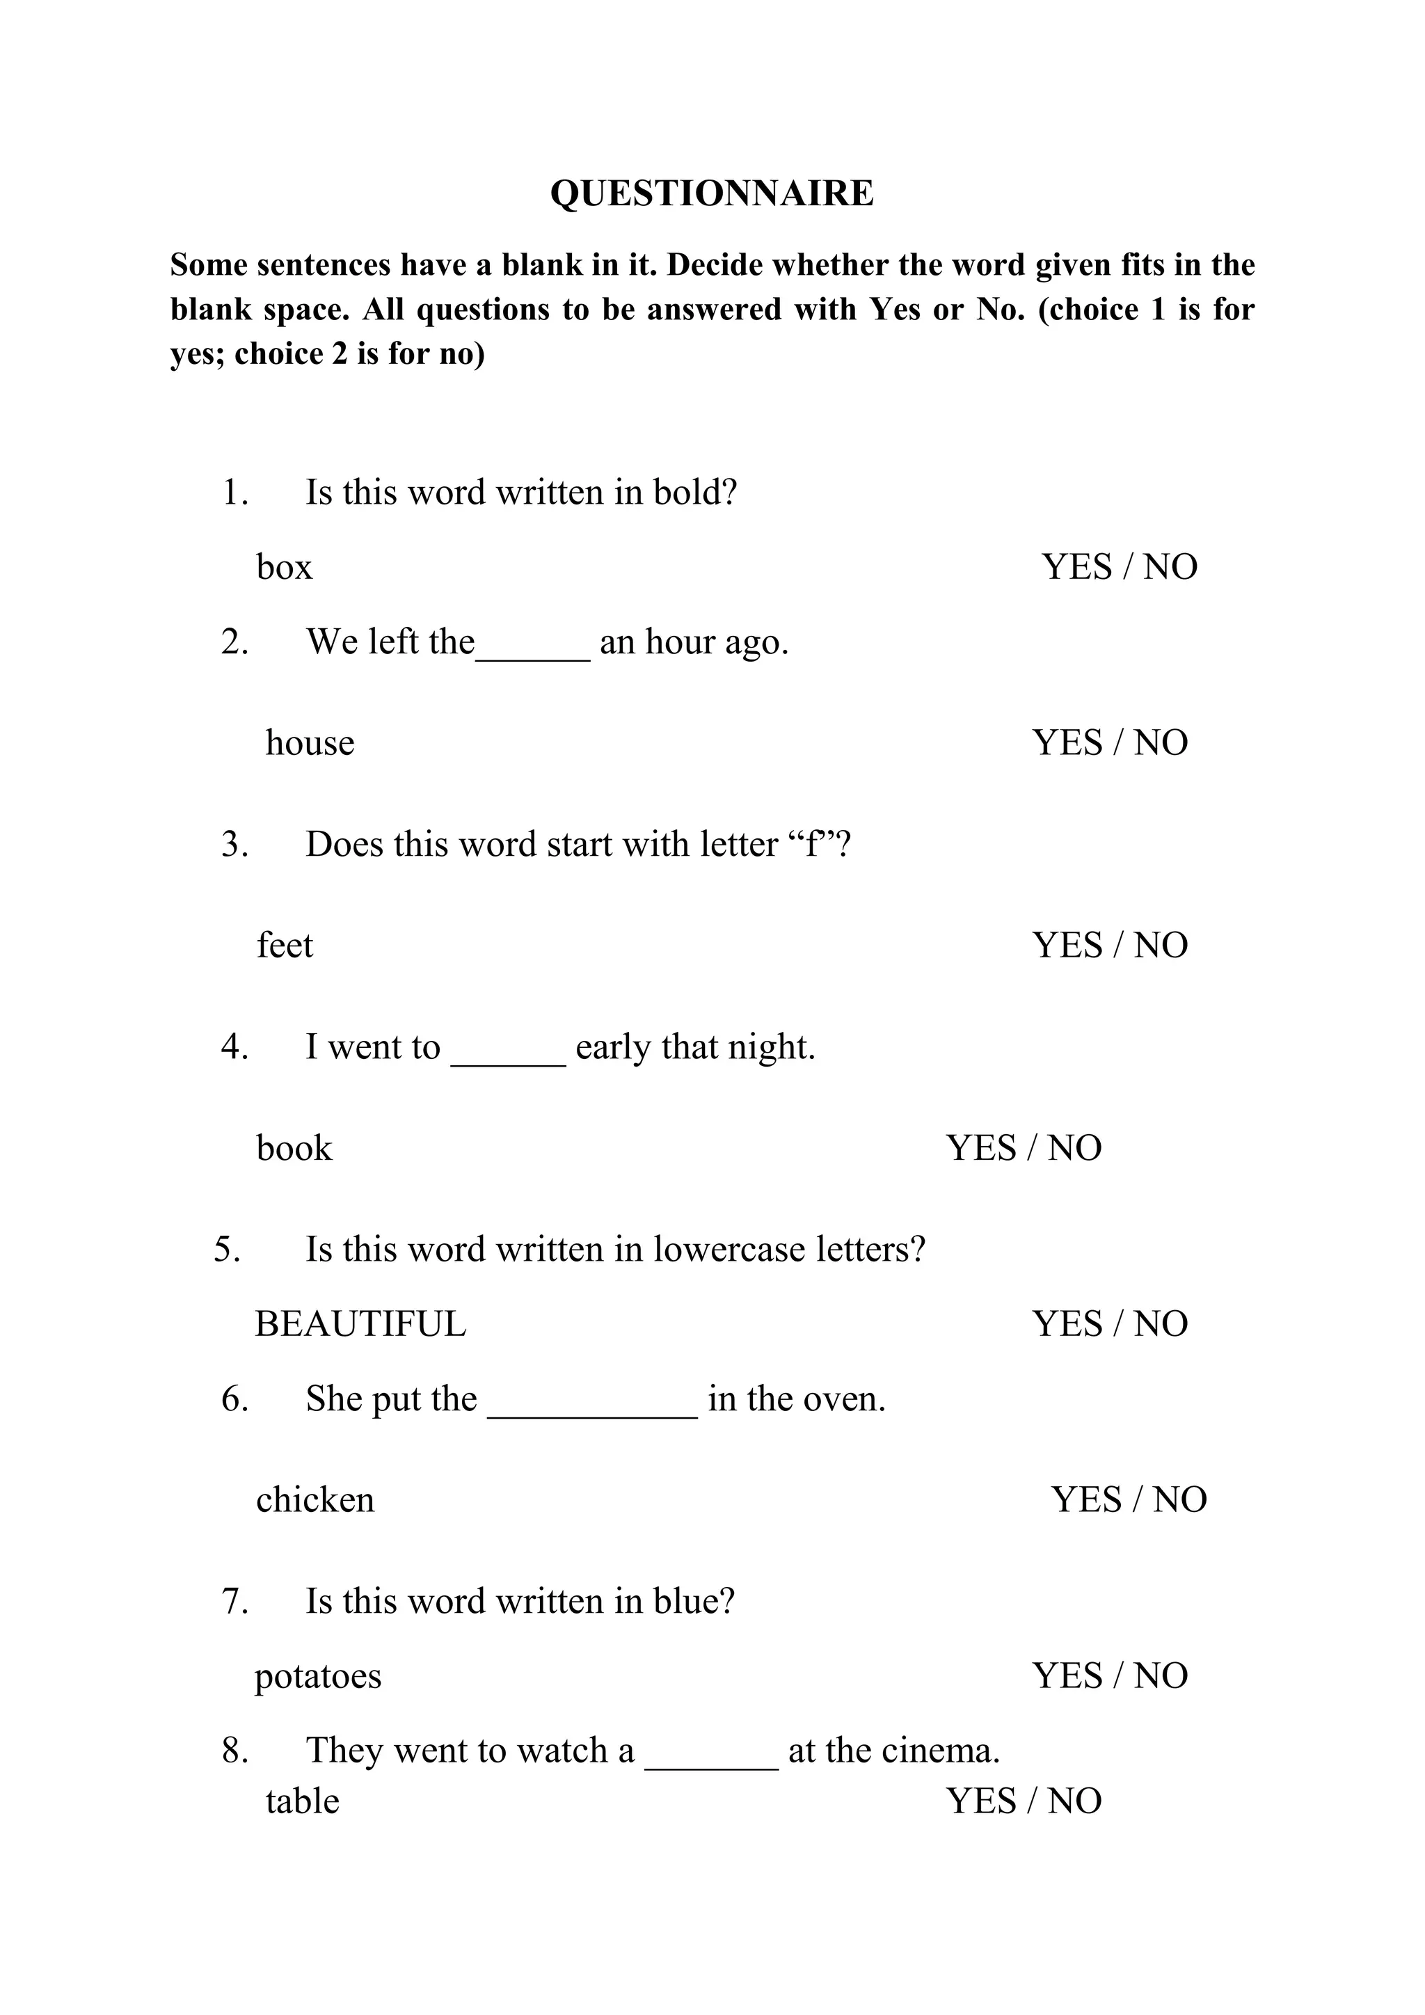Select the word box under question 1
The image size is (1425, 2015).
[285, 567]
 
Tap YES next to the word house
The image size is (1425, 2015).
[1067, 742]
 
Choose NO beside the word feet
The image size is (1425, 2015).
[1161, 945]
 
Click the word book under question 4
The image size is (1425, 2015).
[294, 1148]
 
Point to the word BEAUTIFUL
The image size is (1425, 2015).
[360, 1323]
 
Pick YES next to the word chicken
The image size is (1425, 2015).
[1086, 1500]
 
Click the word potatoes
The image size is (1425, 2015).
[318, 1676]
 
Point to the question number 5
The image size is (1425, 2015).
[226, 1249]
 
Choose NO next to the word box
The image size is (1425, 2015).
[1170, 567]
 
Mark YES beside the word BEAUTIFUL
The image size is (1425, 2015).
[1067, 1323]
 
